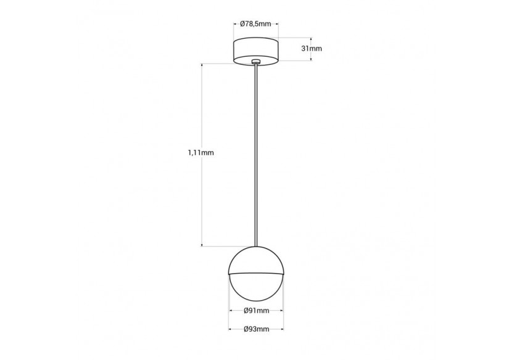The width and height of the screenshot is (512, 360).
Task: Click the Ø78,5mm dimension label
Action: click(256, 24)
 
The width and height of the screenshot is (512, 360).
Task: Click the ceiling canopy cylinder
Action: click(256, 50)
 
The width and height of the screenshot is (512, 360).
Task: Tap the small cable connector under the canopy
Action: click(256, 62)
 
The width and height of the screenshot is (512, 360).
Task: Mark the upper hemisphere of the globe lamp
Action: click(256, 259)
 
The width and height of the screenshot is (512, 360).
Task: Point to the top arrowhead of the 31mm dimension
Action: click(310, 41)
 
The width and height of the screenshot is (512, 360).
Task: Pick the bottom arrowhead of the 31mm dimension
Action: click(310, 60)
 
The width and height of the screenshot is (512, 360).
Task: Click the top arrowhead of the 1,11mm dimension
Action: click(202, 65)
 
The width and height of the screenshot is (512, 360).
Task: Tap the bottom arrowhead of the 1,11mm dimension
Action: click(202, 245)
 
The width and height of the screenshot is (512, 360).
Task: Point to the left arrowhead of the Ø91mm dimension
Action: click(231, 310)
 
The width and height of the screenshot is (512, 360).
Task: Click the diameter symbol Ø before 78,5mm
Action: click(244, 24)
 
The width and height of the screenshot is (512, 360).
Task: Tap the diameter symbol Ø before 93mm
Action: click(246, 330)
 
